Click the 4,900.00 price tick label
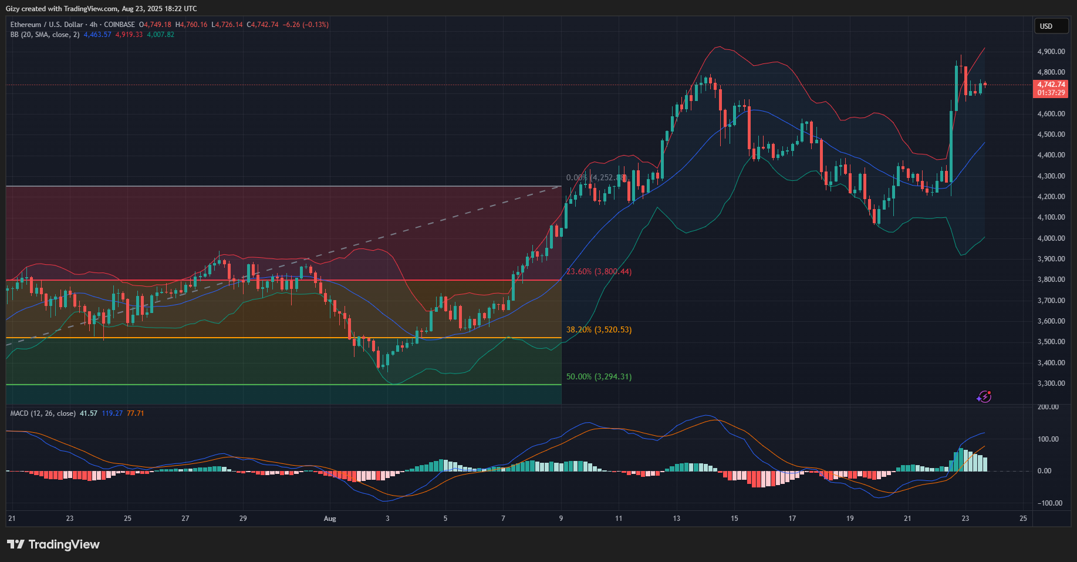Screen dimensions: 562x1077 point(1051,52)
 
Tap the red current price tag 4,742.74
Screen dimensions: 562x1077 point(1051,85)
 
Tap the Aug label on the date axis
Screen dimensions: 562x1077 point(330,519)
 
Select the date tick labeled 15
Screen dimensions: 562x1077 point(734,519)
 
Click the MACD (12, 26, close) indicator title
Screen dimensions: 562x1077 point(43,413)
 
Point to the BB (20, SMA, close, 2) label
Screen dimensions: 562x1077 point(45,35)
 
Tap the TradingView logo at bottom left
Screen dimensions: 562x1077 point(53,544)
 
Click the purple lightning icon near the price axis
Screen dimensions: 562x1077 point(984,397)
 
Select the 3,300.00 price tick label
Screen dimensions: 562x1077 point(1051,383)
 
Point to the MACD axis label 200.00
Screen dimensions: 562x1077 point(1048,407)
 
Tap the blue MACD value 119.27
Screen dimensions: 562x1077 point(112,413)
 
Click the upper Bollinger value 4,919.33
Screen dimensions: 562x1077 point(129,35)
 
